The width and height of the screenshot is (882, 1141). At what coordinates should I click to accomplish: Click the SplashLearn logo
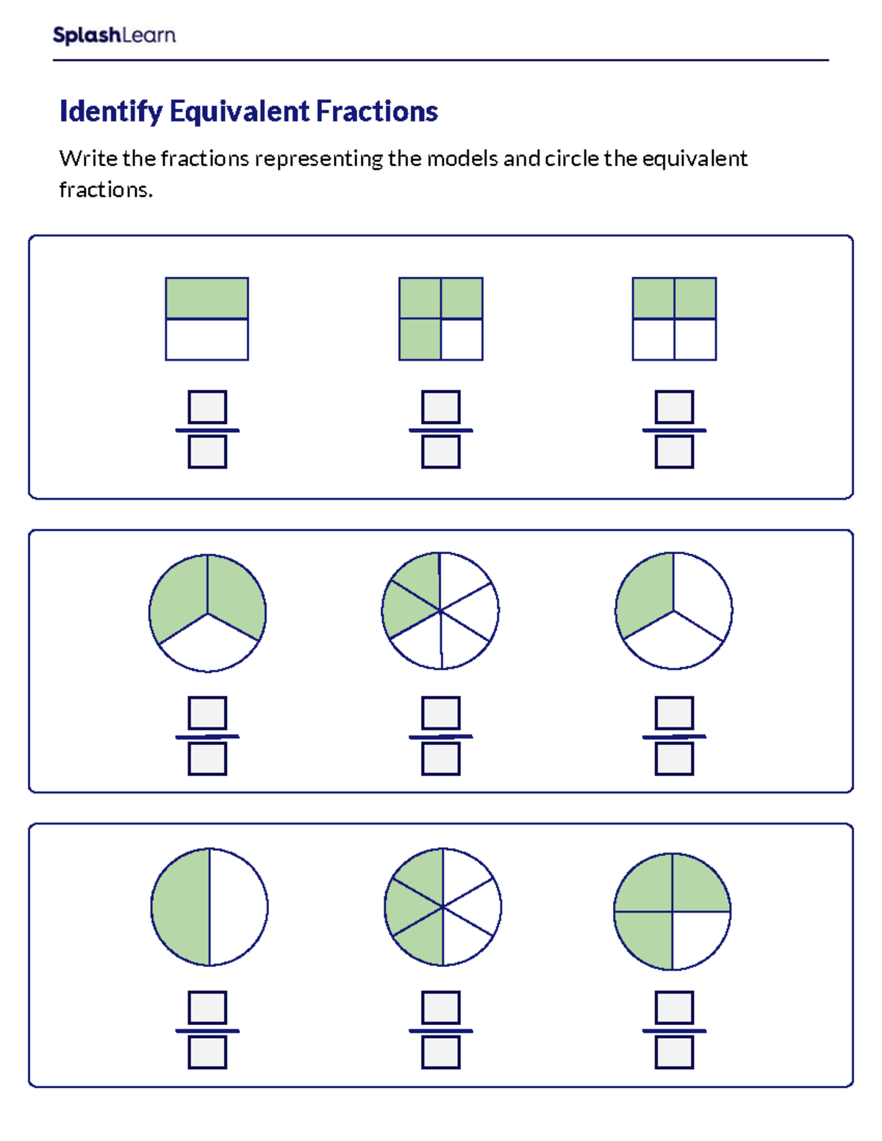tap(114, 35)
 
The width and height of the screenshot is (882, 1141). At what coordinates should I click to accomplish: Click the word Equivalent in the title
tap(240, 112)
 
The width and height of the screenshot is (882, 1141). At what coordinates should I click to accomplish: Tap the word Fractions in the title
tap(377, 112)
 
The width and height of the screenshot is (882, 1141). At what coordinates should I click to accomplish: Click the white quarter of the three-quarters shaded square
tap(462, 339)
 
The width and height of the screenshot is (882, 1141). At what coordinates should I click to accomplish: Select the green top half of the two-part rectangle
tap(207, 298)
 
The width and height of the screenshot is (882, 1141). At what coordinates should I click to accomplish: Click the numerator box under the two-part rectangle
tap(207, 407)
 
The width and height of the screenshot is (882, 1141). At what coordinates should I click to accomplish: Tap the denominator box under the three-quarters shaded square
tap(441, 452)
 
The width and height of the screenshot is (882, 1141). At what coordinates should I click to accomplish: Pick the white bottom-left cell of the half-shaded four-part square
tap(653, 339)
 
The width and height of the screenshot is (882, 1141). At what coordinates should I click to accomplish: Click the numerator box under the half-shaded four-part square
tap(674, 407)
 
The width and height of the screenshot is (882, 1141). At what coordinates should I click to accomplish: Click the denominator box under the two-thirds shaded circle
tap(207, 759)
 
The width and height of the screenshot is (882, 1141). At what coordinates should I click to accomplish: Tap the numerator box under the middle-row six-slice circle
tap(441, 713)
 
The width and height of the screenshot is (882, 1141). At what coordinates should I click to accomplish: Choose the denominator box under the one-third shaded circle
tap(674, 759)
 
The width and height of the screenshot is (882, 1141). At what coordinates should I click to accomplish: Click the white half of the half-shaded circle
tap(237, 907)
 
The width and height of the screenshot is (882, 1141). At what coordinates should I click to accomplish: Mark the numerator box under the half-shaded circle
tap(207, 1007)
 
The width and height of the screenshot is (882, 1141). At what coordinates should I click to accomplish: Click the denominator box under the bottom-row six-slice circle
tap(441, 1053)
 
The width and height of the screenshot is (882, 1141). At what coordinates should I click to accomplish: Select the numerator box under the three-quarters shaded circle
tap(674, 1007)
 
